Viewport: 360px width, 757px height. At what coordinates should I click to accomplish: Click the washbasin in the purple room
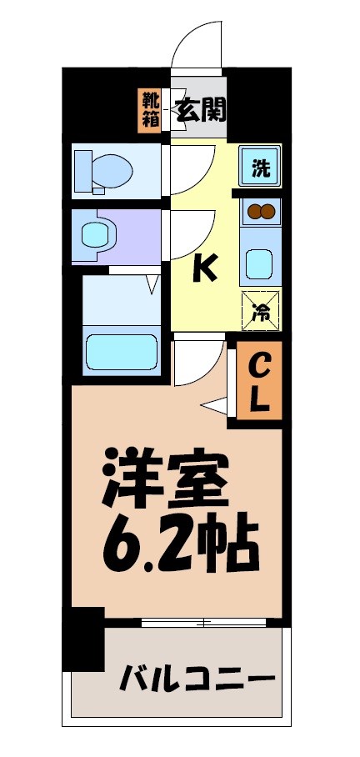click(x=96, y=235)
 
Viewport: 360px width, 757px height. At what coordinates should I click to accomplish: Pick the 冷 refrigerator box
click(x=260, y=311)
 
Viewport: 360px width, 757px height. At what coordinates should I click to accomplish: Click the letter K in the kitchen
click(x=205, y=268)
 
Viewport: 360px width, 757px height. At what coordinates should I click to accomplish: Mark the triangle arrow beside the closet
click(x=216, y=405)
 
